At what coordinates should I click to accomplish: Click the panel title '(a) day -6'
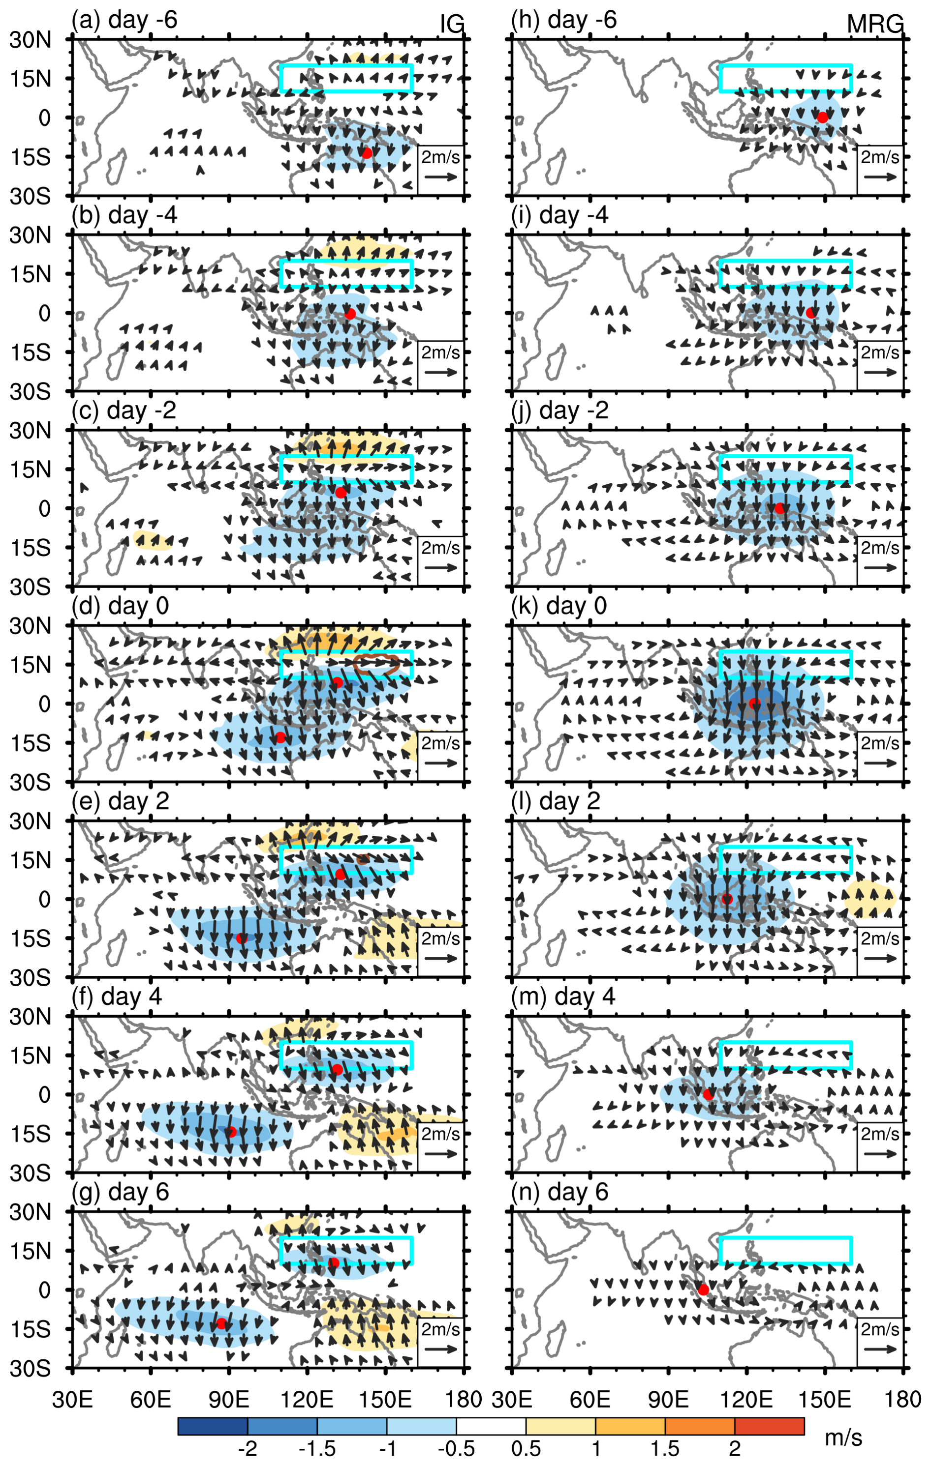124,20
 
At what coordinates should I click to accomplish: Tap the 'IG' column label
452,25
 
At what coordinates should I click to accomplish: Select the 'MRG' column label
875,25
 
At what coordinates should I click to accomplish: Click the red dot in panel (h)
823,117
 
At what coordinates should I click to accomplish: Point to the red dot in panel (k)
754,704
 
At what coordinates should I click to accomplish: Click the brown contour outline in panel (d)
376,664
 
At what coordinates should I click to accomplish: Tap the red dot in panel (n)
703,1290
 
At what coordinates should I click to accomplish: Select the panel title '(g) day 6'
120,1192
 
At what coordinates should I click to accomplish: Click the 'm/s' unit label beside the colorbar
843,1438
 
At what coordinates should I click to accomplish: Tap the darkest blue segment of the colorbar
213,1427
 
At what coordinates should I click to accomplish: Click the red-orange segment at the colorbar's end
769,1427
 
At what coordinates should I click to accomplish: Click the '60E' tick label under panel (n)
590,1399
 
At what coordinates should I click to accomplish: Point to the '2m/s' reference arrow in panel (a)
440,176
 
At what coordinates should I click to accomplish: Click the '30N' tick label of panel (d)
30,626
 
